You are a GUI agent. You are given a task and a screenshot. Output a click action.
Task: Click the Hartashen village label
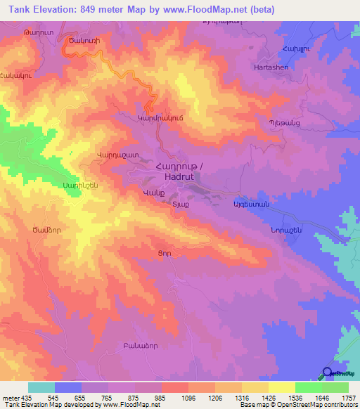coord(273,67)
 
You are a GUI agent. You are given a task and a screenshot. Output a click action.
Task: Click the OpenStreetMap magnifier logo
coord(328,373)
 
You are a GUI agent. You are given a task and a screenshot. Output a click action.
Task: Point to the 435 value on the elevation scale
coord(22,397)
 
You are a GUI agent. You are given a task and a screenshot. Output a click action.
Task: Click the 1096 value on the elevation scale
coord(189,397)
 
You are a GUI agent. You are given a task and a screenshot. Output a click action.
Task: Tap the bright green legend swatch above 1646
coord(309,387)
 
